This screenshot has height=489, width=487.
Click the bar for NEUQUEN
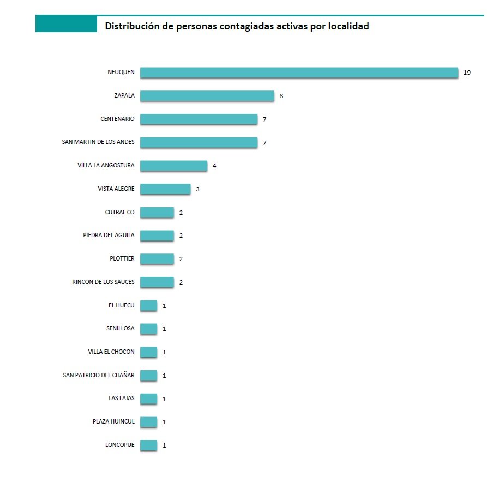299,73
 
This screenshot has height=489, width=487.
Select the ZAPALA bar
207,96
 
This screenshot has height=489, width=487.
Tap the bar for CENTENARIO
199,119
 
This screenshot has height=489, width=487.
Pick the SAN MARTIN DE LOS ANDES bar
199,142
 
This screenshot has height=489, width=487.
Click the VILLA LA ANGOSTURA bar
173,166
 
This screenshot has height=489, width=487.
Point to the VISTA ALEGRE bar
165,189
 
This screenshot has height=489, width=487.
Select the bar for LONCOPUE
148,445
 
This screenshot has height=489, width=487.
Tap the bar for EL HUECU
148,305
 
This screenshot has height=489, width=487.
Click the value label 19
467,73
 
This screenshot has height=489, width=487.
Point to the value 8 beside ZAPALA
281,96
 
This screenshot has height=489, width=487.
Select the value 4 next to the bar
215,166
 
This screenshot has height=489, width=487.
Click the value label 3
198,189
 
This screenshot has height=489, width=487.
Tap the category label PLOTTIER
122,258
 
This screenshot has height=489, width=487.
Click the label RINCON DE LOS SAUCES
103,282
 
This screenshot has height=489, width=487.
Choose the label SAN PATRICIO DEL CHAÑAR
99,375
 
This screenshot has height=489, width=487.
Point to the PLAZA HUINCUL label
113,421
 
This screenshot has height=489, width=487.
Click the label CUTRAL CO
119,212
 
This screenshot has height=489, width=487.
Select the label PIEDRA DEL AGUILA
107,236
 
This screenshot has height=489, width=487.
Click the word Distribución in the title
131,26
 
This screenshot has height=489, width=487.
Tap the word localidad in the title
348,26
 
